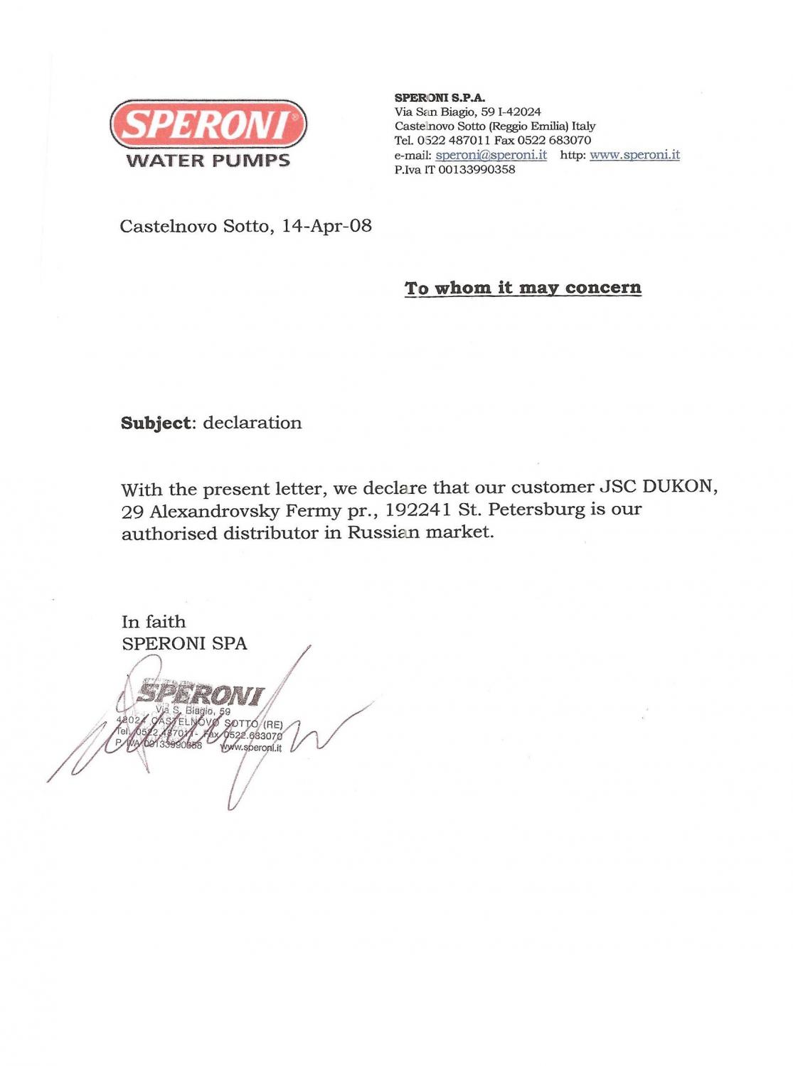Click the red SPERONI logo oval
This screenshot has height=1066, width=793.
208,124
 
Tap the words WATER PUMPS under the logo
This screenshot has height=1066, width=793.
208,161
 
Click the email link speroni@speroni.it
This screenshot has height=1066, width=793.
491,155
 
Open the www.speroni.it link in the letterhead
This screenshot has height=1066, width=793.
634,155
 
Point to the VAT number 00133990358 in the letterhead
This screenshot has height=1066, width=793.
476,170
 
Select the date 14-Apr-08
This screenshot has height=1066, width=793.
326,226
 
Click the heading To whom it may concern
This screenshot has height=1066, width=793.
523,288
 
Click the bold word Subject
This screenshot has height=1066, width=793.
156,423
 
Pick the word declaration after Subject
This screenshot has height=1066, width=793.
252,423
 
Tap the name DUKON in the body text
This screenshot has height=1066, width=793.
679,487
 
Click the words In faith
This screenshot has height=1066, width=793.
154,622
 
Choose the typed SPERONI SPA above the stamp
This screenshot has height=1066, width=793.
184,644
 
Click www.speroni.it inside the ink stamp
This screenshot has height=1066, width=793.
251,748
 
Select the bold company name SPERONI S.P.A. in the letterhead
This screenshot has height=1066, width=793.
440,98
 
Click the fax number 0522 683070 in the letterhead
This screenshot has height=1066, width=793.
554,141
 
